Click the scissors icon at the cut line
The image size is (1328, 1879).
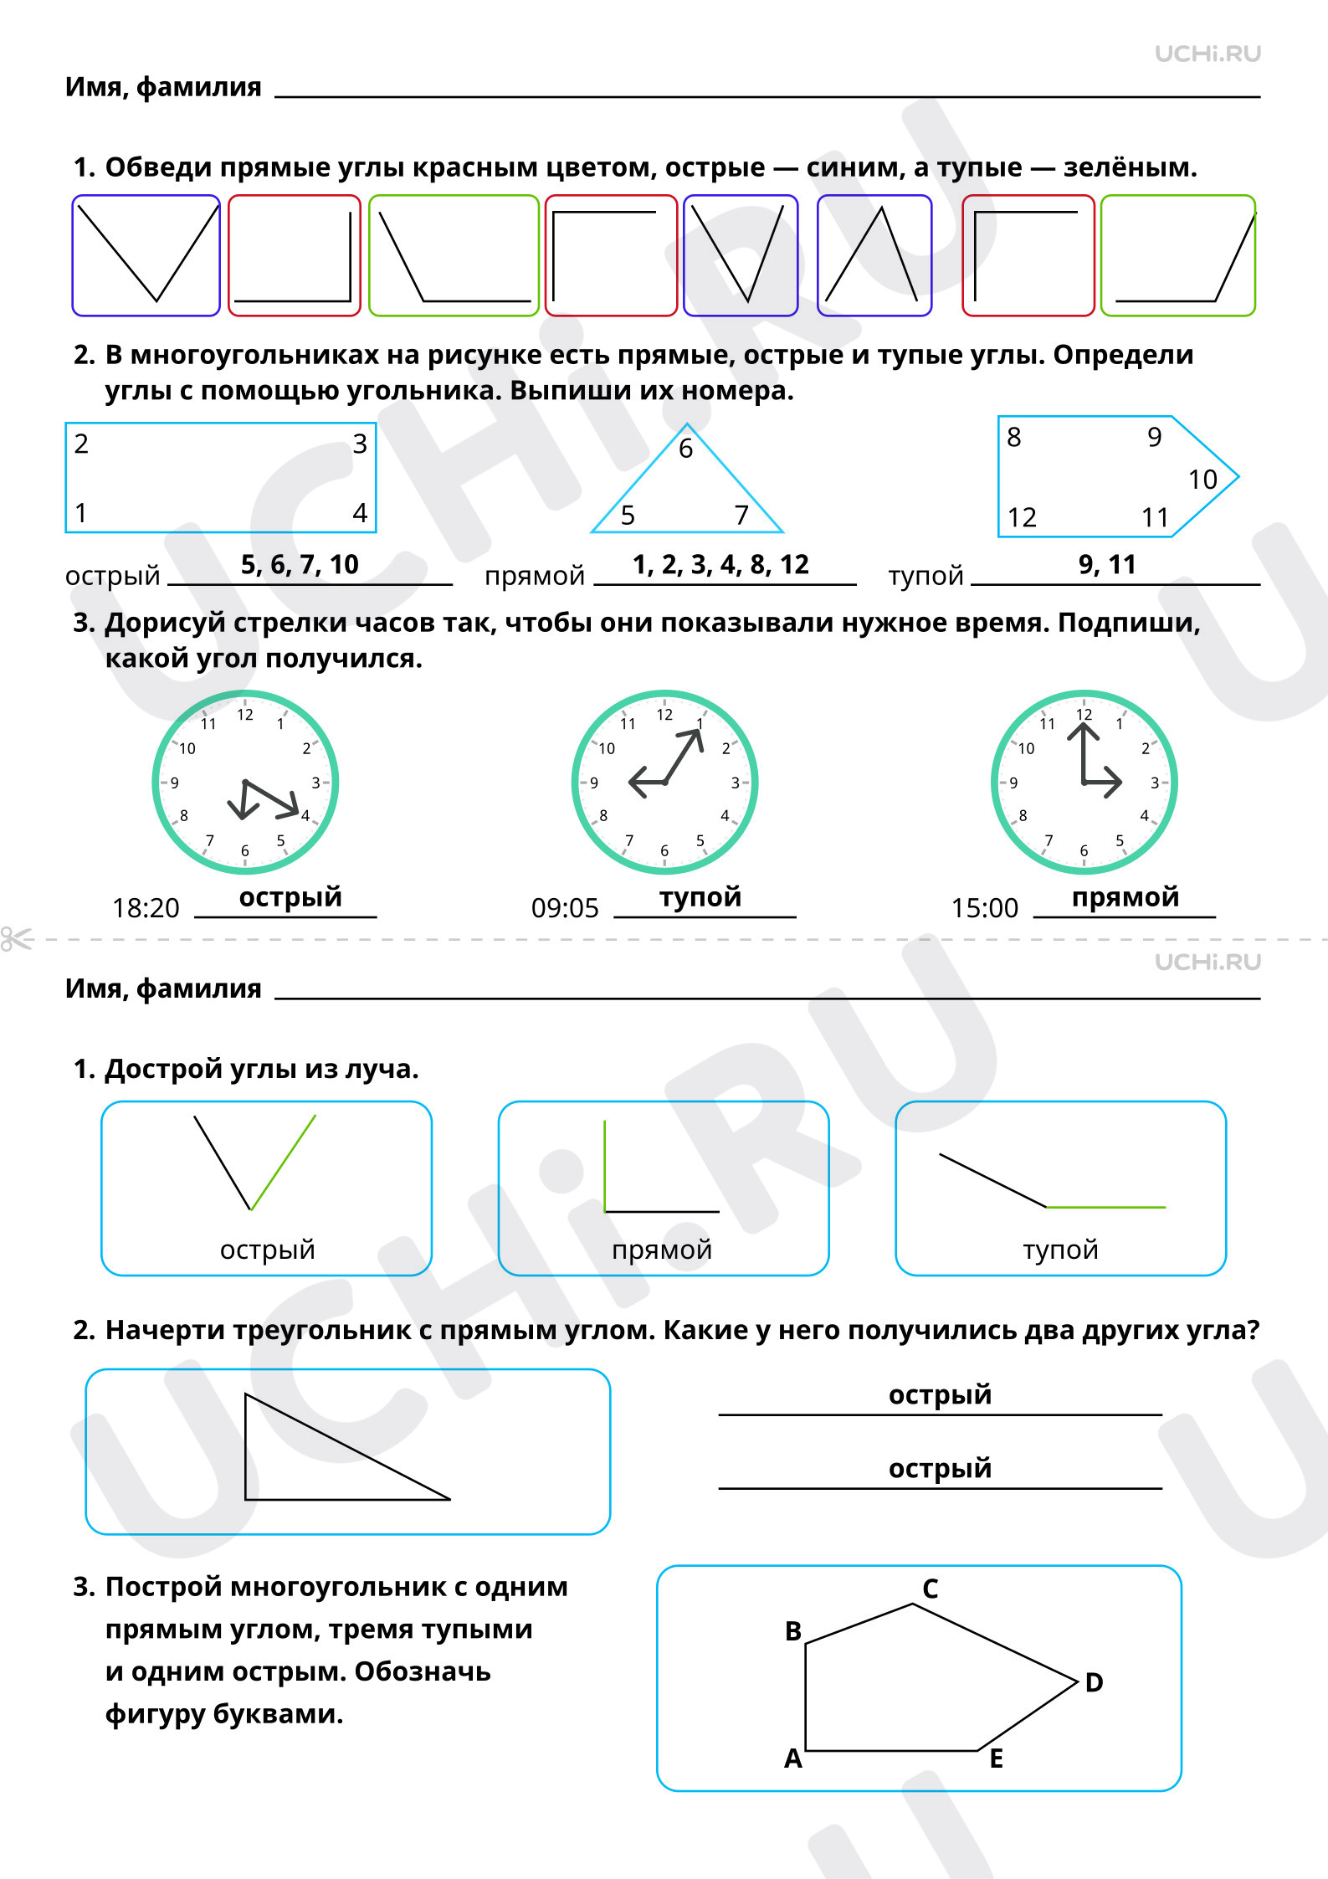click(x=17, y=939)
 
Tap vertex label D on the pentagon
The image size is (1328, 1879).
click(x=1094, y=1682)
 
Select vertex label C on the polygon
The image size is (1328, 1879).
click(x=931, y=1589)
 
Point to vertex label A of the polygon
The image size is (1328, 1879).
click(x=793, y=1758)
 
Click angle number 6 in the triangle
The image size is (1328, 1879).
click(x=685, y=449)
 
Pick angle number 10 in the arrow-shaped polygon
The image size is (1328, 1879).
click(x=1202, y=480)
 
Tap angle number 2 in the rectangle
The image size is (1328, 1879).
click(x=81, y=444)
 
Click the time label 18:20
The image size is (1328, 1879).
click(x=146, y=908)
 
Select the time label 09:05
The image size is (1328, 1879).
click(x=565, y=908)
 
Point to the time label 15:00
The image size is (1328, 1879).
click(x=985, y=908)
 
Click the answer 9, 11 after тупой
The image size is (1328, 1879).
click(x=1107, y=565)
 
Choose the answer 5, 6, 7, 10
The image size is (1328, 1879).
click(x=300, y=565)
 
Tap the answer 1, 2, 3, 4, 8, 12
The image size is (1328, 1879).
click(x=720, y=565)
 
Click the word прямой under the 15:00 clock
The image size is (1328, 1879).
click(x=1125, y=897)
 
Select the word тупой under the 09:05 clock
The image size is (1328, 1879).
click(x=700, y=897)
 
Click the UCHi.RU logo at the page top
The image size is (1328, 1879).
click(x=1208, y=54)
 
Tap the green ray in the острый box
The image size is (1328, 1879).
click(x=284, y=1163)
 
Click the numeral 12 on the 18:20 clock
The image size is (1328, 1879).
click(x=245, y=715)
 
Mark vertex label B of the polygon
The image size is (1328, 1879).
click(x=793, y=1631)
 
